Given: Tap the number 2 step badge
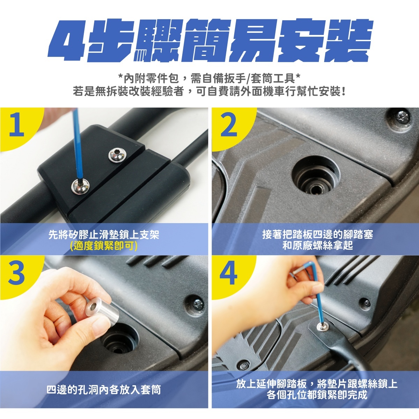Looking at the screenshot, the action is point(229,125).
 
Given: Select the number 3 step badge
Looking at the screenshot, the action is point(16,273).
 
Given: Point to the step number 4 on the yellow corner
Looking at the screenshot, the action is point(228,273).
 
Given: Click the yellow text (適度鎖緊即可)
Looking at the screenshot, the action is point(104,246).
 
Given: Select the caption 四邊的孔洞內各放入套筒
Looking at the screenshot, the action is point(104,390).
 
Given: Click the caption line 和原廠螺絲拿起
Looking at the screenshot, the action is point(318,245).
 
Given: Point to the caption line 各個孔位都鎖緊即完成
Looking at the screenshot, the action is point(317,395).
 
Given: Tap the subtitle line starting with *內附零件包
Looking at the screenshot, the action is point(209,78).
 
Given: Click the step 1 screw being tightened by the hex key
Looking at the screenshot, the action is point(80,186).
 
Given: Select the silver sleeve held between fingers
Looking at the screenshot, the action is point(102,313).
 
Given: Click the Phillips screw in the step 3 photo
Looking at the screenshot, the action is point(198,304).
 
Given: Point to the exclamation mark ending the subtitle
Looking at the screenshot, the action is point(343,92).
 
